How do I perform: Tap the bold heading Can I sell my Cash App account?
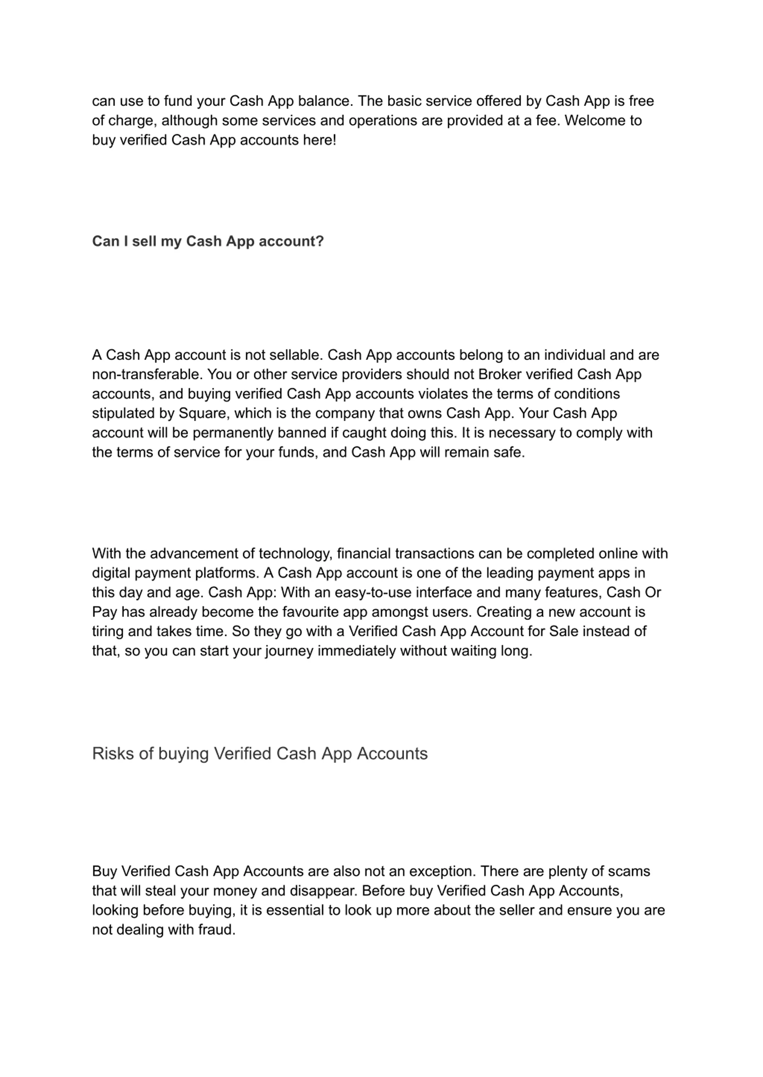[208, 241]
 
